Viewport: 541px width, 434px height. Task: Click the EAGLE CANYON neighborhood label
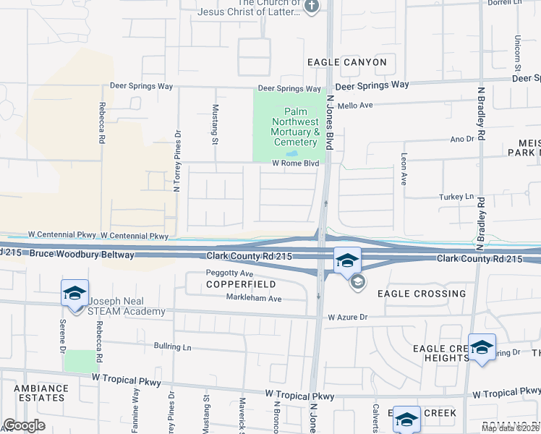[x=346, y=62]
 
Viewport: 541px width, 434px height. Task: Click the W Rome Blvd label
[x=295, y=163]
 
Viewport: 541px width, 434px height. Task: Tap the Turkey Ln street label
[x=456, y=197]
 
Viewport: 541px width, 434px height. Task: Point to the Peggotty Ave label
[x=229, y=274]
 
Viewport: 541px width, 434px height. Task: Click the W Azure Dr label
[x=348, y=317]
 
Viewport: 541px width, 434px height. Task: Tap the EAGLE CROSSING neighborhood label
[x=422, y=294]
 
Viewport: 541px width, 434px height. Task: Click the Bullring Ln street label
[x=171, y=346]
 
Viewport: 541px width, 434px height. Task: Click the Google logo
[x=24, y=425]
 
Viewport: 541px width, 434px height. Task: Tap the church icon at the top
[x=312, y=8]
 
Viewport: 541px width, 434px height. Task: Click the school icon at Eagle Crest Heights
[x=482, y=347]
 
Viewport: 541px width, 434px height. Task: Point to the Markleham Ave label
[x=253, y=298]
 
